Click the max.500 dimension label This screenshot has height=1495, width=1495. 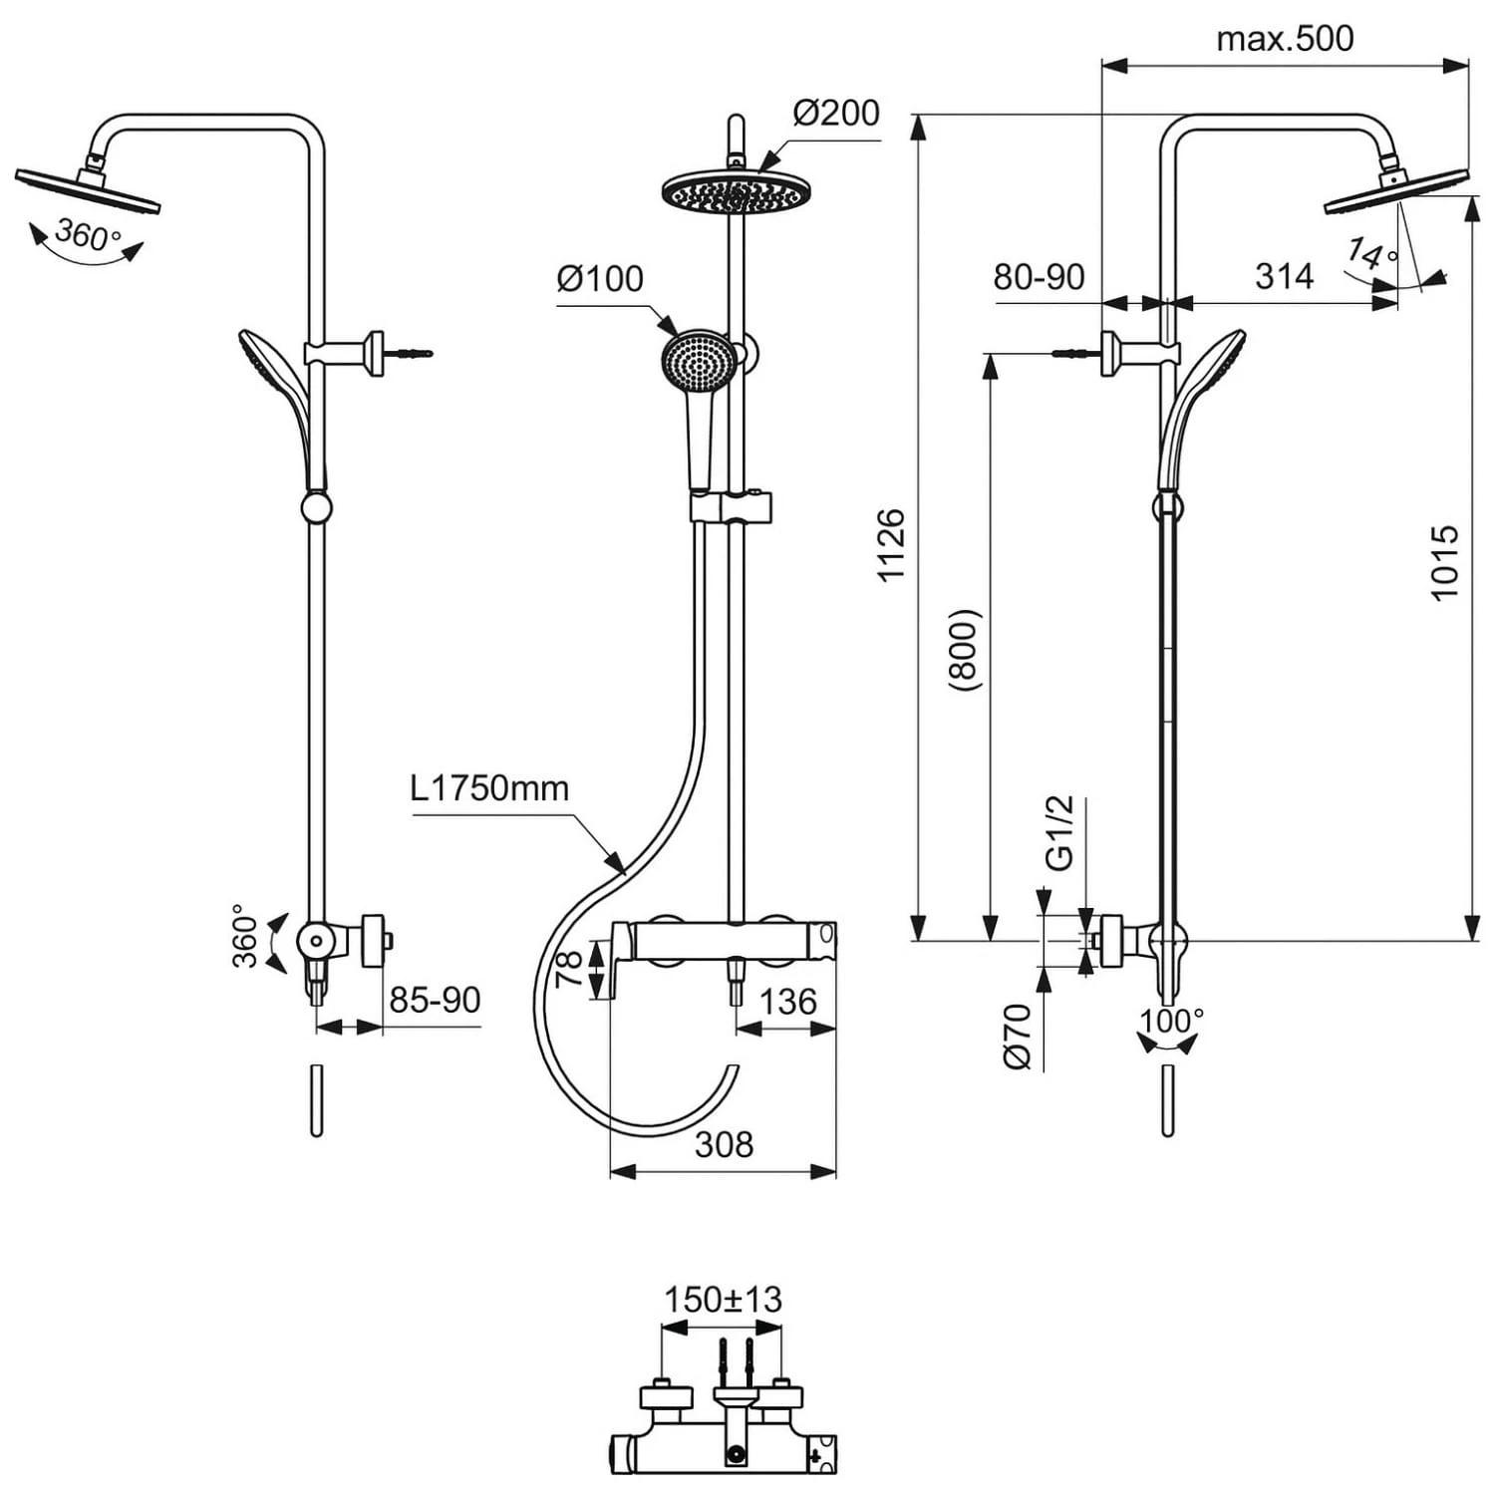tap(1285, 39)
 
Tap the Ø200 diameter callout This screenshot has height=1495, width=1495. tap(836, 113)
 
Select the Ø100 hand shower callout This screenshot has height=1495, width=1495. tap(600, 278)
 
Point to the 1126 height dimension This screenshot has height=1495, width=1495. tap(890, 544)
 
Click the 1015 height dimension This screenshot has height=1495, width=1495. tap(1444, 563)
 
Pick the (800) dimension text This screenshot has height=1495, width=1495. tap(965, 650)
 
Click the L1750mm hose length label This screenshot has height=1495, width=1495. tap(489, 788)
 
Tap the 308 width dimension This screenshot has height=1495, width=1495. tap(724, 1144)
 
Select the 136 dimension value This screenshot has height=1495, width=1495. tap(787, 1002)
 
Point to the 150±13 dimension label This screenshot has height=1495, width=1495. tap(723, 1300)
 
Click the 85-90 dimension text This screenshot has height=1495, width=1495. tap(435, 1000)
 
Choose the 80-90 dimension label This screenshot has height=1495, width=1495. tap(1039, 277)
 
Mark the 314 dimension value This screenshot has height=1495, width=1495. tap(1284, 276)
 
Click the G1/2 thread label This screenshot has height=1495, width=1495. tap(1058, 832)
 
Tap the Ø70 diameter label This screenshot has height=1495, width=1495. tap(1018, 1037)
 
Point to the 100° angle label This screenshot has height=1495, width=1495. tap(1172, 1021)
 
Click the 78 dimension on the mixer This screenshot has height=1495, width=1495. tap(569, 969)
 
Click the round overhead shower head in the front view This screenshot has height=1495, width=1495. tap(735, 190)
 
